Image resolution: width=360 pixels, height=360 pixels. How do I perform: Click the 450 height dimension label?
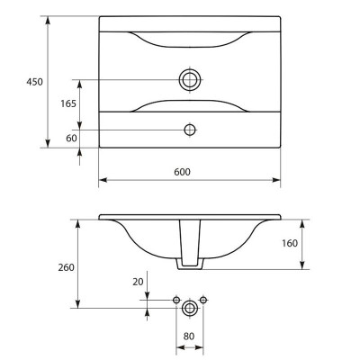click(35, 82)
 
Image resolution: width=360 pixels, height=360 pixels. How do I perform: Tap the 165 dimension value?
click(68, 103)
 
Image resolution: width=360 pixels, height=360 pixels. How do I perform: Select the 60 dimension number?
click(71, 139)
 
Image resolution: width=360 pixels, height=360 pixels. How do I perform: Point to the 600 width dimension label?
click(182, 172)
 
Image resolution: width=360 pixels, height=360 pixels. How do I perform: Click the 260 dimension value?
click(66, 267)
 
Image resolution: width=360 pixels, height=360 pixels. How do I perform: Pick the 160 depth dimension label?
click(290, 243)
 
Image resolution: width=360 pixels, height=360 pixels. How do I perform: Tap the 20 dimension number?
click(138, 282)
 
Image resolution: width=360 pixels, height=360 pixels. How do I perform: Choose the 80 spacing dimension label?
click(189, 337)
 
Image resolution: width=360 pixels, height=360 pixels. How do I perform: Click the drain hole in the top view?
click(190, 80)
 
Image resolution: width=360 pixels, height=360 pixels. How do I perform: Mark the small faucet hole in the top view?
click(190, 130)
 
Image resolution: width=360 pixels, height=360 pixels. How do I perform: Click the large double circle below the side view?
click(190, 308)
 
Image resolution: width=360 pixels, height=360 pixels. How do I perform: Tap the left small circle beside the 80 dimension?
click(176, 300)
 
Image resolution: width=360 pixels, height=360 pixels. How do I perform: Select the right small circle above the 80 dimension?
click(203, 300)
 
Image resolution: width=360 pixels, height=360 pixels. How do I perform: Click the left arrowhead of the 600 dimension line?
click(103, 180)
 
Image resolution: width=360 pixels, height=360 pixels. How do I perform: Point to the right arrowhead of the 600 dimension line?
click(276, 180)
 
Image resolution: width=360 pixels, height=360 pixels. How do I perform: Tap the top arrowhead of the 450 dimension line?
click(48, 21)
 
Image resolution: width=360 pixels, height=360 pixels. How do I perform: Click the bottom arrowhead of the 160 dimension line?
click(302, 265)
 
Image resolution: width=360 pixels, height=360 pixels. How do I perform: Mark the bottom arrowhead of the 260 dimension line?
click(78, 304)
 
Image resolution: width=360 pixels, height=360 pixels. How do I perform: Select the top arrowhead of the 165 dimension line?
click(79, 84)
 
